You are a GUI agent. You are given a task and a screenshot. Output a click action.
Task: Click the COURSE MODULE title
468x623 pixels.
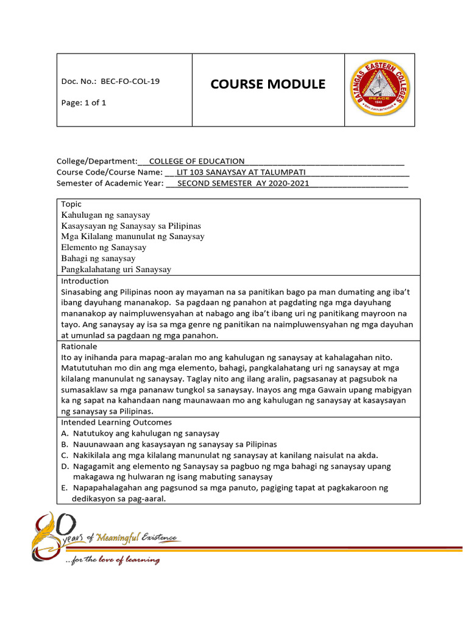tap(268, 84)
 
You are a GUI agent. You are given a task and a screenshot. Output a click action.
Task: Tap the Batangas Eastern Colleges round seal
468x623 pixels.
tap(380, 89)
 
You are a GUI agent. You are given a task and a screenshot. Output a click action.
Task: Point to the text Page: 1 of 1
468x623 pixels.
tap(83, 102)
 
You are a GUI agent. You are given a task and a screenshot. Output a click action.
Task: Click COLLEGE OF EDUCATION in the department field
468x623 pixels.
tap(197, 161)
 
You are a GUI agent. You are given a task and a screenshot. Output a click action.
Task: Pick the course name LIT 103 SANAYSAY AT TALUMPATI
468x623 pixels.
tap(241, 172)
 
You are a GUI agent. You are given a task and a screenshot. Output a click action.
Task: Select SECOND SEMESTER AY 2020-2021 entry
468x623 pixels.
tap(243, 183)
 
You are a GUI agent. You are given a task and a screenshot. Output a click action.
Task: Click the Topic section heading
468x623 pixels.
tap(71, 204)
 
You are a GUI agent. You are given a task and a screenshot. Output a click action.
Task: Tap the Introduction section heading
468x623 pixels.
tap(85, 281)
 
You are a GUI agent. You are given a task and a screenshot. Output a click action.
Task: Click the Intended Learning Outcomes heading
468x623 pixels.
tap(116, 422)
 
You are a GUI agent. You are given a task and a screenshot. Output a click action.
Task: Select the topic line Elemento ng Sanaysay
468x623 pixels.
tap(104, 248)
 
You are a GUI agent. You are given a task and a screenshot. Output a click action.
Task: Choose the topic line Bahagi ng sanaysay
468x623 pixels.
tap(98, 259)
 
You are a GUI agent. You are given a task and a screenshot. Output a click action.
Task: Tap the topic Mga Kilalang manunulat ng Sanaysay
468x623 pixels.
tap(133, 237)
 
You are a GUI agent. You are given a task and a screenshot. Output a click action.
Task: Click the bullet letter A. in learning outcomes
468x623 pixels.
tap(65, 433)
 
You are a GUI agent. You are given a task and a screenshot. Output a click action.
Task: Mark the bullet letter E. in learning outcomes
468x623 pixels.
tap(65, 488)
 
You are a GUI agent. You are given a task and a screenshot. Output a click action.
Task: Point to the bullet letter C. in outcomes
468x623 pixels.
tap(65, 455)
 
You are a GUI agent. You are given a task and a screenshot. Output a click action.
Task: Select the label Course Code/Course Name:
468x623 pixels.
tap(110, 172)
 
